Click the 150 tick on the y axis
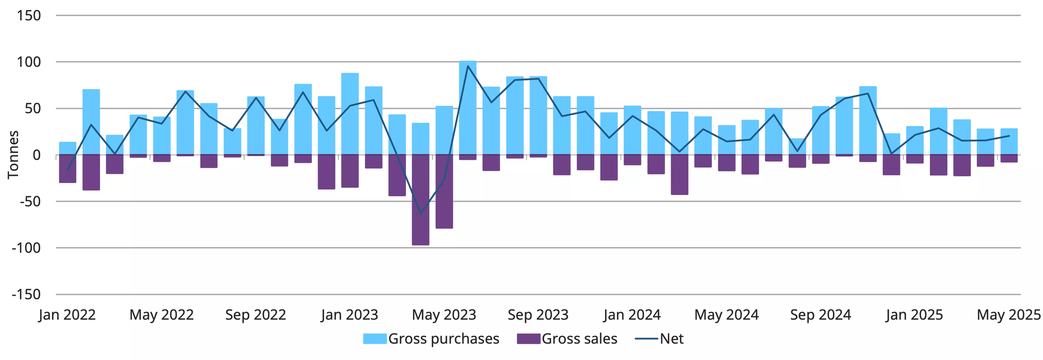pyautogui.click(x=29, y=16)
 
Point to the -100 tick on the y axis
pyautogui.click(x=26, y=248)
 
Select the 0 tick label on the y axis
pyautogui.click(x=36, y=155)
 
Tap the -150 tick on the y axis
pyautogui.click(x=26, y=294)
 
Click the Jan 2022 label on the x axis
pyautogui.click(x=67, y=315)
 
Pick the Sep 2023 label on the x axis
pyautogui.click(x=538, y=315)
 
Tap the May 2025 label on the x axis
pyautogui.click(x=1009, y=315)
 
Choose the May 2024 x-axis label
pyautogui.click(x=726, y=315)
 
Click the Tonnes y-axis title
pyautogui.click(x=14, y=155)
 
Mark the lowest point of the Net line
pyautogui.click(x=420, y=213)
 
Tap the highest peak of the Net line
pyautogui.click(x=468, y=66)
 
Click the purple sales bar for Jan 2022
pyautogui.click(x=68, y=169)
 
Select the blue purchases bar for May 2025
pyautogui.click(x=1009, y=141)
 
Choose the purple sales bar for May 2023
pyautogui.click(x=444, y=191)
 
